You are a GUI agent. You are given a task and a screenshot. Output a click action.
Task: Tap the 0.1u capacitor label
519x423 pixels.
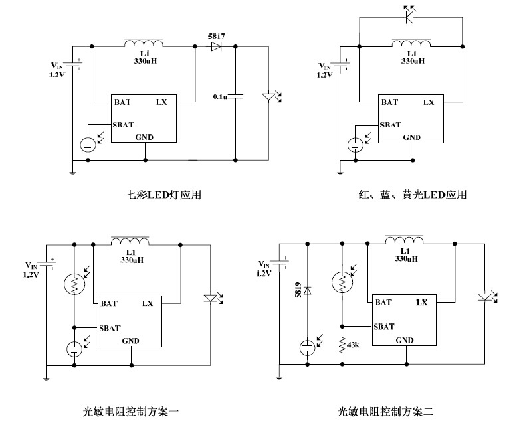(x=220, y=96)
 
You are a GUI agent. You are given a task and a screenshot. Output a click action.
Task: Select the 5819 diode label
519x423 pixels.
(x=298, y=290)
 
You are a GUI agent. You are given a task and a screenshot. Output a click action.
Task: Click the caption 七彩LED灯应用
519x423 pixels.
(x=163, y=195)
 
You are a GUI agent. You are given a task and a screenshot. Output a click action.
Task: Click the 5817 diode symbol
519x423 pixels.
(x=216, y=46)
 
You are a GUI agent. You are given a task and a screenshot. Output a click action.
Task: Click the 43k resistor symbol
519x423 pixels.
(x=342, y=345)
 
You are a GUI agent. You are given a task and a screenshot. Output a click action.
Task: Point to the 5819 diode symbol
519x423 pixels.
(x=308, y=290)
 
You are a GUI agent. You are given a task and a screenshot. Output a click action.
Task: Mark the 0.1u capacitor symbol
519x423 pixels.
(x=237, y=96)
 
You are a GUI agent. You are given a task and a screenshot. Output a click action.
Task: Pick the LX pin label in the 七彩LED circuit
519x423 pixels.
(x=161, y=102)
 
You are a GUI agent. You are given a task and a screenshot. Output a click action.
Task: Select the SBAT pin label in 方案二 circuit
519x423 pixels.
(x=384, y=326)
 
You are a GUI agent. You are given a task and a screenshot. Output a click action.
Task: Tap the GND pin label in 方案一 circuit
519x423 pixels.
(x=130, y=341)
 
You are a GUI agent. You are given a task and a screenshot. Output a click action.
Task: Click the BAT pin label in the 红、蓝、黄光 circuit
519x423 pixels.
(x=389, y=102)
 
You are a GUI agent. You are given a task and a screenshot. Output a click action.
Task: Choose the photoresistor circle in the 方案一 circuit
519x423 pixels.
(x=74, y=284)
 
